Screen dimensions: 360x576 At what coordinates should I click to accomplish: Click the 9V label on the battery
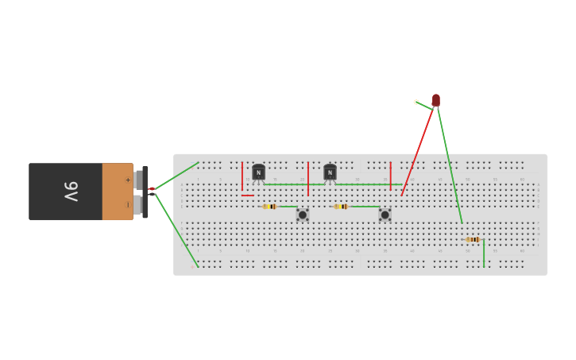[x=71, y=192]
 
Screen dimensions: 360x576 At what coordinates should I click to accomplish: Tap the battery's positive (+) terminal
[x=138, y=180]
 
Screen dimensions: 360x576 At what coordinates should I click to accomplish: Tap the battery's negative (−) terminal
[x=138, y=205]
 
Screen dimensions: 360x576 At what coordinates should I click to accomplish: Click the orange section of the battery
[x=117, y=192]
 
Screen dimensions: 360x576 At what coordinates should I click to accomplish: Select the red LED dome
[x=435, y=99]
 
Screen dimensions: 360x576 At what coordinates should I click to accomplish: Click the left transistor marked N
[x=258, y=172]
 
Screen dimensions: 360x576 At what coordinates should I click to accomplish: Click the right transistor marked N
[x=330, y=172]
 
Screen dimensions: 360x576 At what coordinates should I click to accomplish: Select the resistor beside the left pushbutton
[x=270, y=207]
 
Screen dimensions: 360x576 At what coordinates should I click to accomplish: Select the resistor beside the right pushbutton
[x=342, y=207]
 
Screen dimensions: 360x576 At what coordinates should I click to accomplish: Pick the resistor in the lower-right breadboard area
[x=473, y=239]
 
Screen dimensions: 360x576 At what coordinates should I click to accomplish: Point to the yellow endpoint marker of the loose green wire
[x=416, y=102]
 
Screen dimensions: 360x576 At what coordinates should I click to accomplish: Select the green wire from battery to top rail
[x=176, y=176]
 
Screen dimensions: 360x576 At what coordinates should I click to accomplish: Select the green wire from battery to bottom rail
[x=176, y=230]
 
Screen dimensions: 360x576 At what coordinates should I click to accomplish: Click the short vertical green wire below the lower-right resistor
[x=484, y=254]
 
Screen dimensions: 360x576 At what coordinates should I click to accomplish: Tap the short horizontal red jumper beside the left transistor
[x=248, y=195]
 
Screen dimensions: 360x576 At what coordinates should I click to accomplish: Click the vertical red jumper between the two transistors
[x=308, y=179]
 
